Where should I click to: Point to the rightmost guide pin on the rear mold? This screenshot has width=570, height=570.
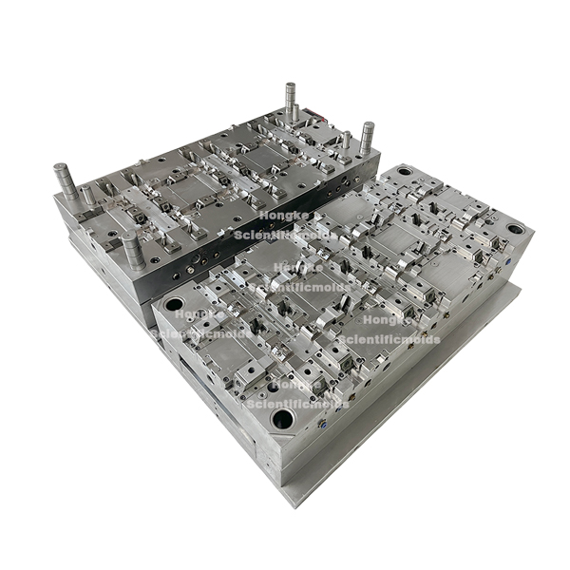point(366,135)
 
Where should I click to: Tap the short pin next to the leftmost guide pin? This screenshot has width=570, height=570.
point(87,194)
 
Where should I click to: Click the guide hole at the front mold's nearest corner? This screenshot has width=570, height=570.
point(282,419)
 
